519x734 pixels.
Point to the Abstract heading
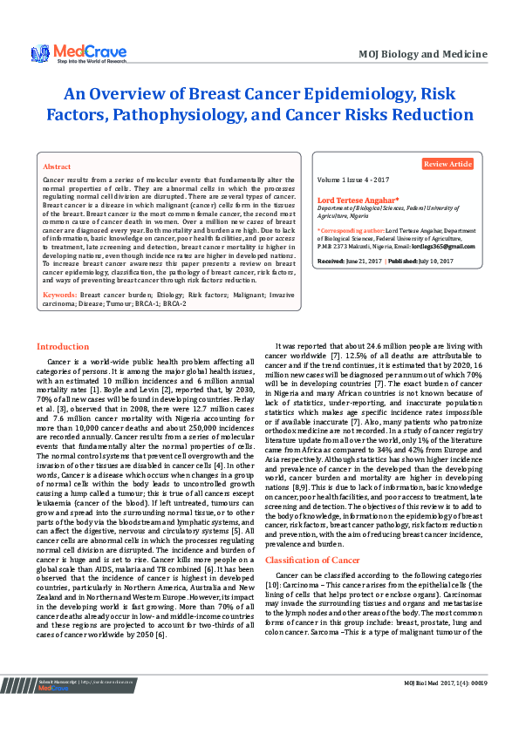57,166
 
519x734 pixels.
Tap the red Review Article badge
448,164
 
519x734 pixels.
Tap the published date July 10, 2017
434,261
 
